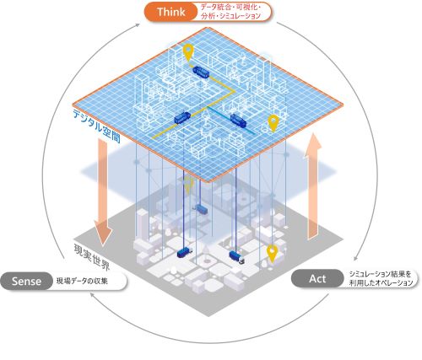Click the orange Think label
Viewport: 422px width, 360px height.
coord(171,12)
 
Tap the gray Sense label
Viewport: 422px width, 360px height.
coord(26,281)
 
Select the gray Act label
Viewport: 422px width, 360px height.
coord(317,278)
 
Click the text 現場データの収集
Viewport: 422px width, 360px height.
coord(82,281)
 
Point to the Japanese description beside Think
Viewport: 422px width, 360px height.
coord(230,12)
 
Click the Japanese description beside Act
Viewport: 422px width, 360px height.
coord(381,278)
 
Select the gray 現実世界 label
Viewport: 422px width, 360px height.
coord(91,257)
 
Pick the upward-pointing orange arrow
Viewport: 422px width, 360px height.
coord(313,187)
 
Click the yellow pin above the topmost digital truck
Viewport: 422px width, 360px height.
coord(188,52)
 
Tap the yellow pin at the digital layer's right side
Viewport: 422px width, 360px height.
coord(273,123)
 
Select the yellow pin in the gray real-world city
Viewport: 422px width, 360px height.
coord(272,254)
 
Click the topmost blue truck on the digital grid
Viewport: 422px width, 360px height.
coord(201,73)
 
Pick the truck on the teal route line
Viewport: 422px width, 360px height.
coord(238,120)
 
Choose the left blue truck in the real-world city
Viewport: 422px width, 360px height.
coord(184,253)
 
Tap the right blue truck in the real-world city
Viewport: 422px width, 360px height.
coord(236,257)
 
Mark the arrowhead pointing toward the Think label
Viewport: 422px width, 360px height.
coord(138,25)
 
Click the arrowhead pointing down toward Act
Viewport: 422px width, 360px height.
coord(356,258)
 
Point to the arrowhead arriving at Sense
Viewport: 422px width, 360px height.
coord(92,294)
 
